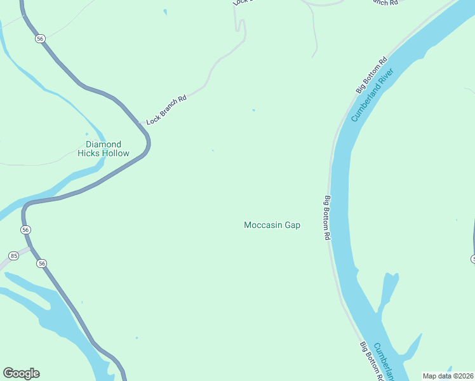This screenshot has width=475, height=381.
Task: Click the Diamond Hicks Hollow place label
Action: tap(103, 149)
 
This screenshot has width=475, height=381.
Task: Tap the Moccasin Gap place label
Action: tap(272, 225)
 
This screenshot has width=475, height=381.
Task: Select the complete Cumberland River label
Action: tap(372, 96)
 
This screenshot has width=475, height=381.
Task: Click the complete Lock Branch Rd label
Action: tap(166, 110)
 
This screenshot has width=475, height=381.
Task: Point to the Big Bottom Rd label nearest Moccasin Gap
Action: tap(328, 217)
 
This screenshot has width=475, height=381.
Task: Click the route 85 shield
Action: tap(13, 256)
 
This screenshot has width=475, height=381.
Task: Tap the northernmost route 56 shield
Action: tap(41, 39)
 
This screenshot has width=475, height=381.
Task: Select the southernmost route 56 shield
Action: tap(42, 263)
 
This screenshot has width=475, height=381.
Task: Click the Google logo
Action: tap(21, 373)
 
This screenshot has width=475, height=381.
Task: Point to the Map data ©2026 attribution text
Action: tap(448, 375)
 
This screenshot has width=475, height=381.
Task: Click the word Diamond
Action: tap(103, 144)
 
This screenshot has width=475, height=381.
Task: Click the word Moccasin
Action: tap(263, 225)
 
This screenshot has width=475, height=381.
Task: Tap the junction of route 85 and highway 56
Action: tap(30, 246)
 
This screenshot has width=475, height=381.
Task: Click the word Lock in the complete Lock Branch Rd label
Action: tap(152, 118)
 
